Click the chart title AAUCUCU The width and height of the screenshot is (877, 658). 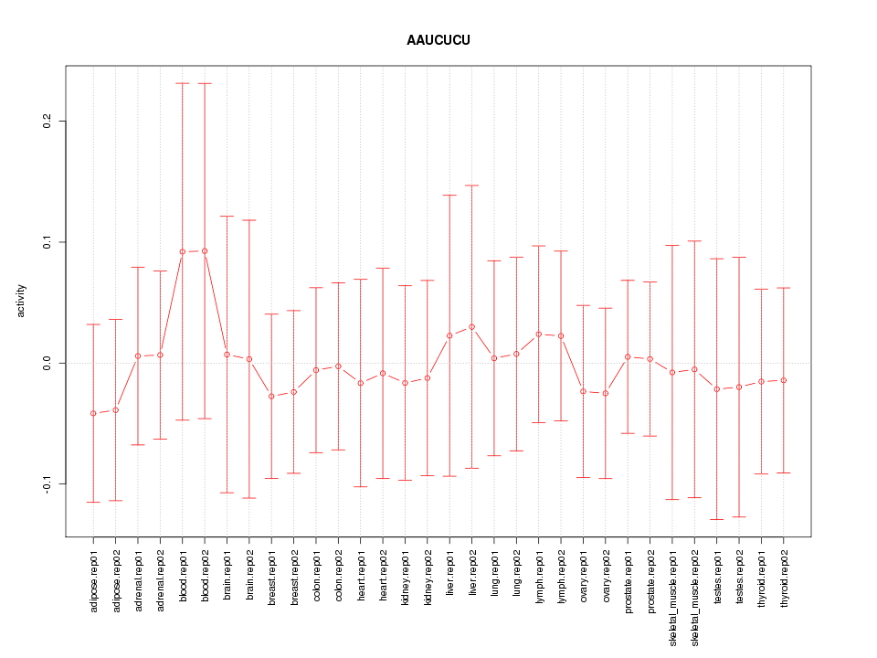point(438,40)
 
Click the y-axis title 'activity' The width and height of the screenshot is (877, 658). point(22,302)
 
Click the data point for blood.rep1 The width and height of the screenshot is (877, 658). point(183,251)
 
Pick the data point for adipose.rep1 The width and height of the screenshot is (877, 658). point(93,413)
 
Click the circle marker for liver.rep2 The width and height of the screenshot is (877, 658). point(472,326)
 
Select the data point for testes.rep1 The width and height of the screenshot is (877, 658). point(717,389)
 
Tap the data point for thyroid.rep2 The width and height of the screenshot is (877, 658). point(784,380)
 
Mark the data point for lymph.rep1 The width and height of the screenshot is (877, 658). point(539,334)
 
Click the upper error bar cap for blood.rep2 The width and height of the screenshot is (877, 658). point(205,83)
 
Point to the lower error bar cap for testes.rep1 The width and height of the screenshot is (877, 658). point(717,519)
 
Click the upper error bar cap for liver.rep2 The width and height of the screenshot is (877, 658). point(472,186)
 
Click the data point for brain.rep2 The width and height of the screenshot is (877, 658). point(249,359)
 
